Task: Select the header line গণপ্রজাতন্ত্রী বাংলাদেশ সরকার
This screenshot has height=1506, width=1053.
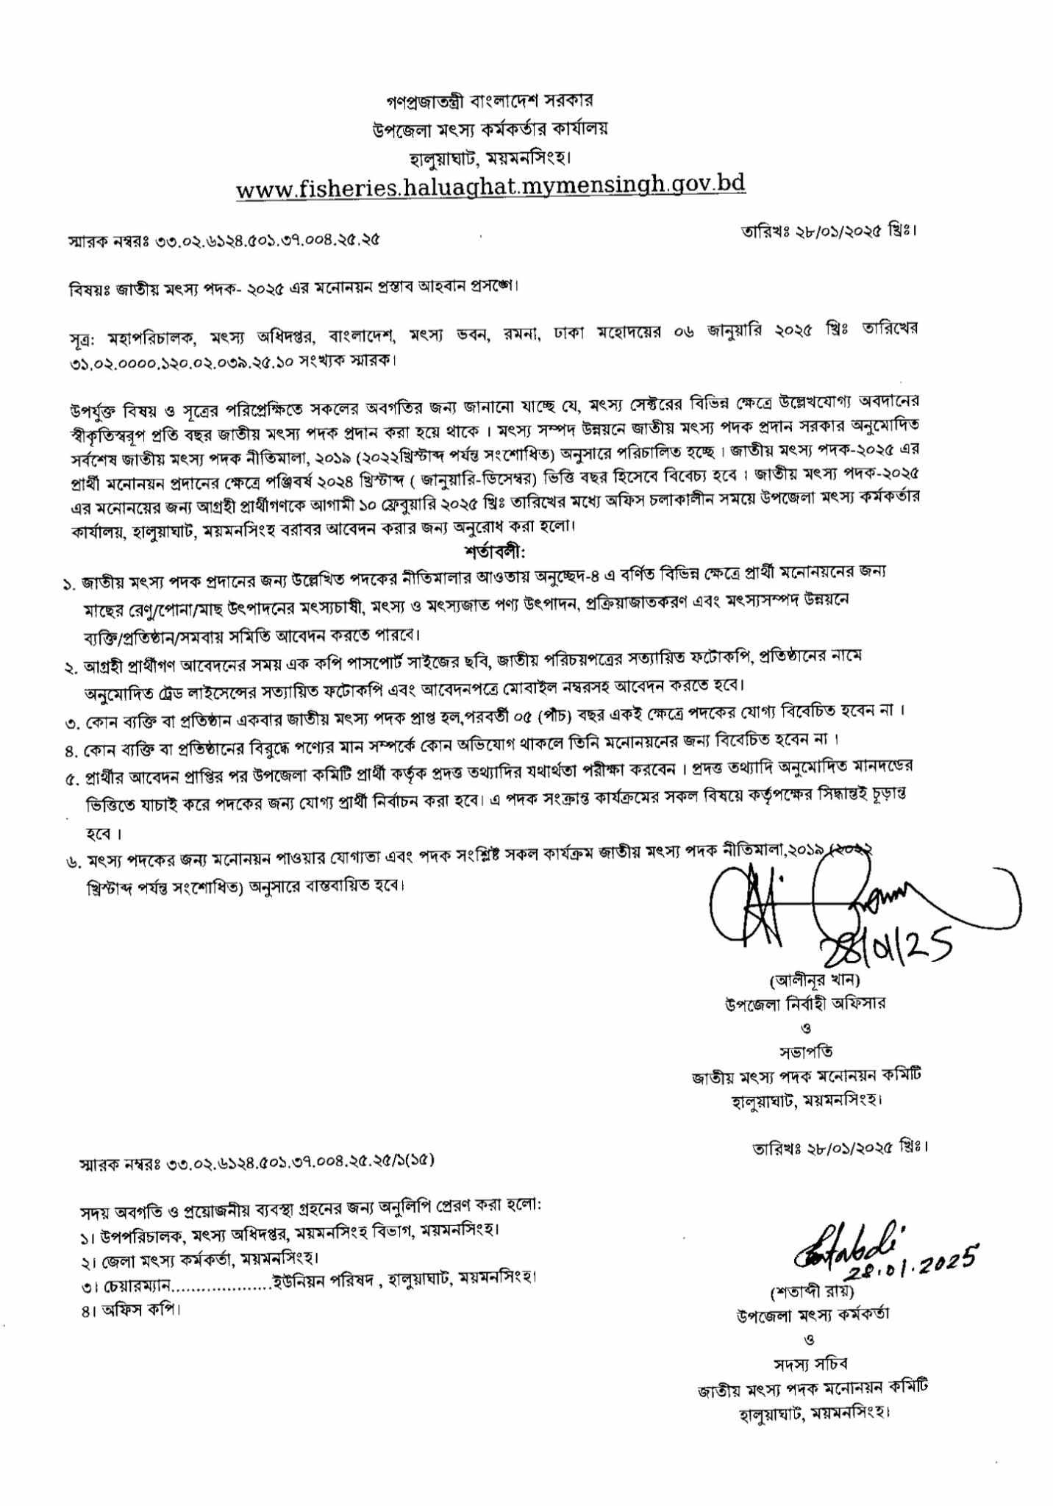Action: (x=490, y=99)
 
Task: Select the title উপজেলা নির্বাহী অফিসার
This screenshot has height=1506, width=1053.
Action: (x=805, y=1004)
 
